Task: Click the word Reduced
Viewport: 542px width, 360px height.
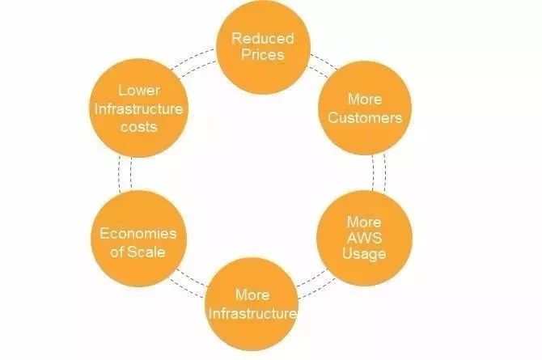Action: (x=263, y=38)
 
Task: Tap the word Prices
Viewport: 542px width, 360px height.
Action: (x=263, y=55)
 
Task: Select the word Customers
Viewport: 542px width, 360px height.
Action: (x=365, y=117)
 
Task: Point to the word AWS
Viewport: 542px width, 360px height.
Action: (x=364, y=238)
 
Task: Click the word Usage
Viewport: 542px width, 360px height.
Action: (x=364, y=253)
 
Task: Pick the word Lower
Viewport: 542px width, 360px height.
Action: (x=139, y=91)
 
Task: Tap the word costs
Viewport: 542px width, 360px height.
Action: (x=139, y=126)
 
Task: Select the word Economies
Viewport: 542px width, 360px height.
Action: (x=138, y=234)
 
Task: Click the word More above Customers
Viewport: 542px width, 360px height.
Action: (x=365, y=100)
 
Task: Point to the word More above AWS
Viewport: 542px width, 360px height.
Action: (x=364, y=222)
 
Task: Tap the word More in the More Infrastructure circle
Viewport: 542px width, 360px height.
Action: (x=252, y=295)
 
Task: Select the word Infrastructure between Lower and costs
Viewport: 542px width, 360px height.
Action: (x=138, y=108)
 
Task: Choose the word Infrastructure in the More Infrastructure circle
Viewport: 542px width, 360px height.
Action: (x=252, y=313)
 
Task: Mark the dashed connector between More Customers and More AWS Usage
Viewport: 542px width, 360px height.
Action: (x=379, y=172)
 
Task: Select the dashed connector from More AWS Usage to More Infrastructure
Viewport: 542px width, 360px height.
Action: (x=315, y=284)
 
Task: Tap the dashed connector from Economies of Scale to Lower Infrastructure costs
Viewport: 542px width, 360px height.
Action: (x=125, y=174)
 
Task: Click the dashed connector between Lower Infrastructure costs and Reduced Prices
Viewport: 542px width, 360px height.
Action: (x=193, y=61)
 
